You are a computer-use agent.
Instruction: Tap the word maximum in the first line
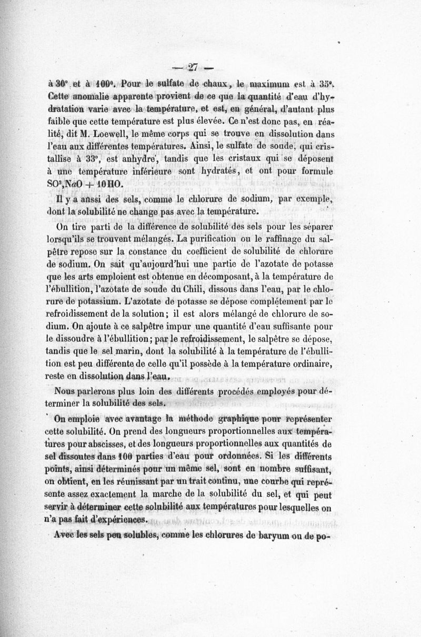tap(276, 85)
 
